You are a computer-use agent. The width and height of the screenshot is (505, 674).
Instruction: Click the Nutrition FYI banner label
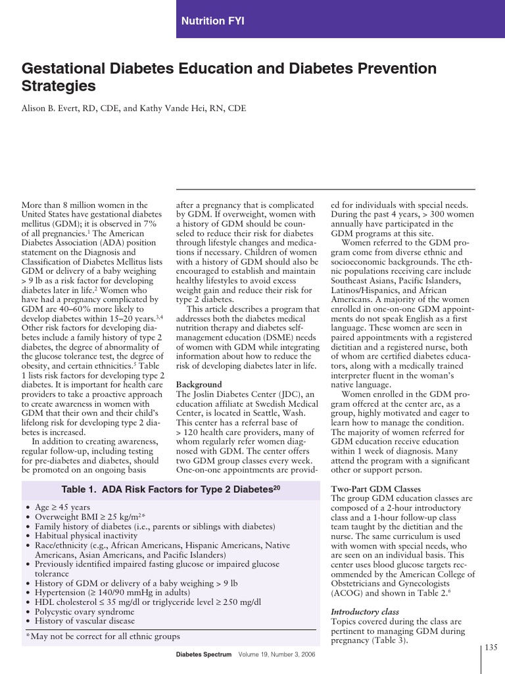pyautogui.click(x=212, y=21)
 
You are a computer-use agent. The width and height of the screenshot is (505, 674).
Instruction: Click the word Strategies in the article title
pyautogui.click(x=59, y=86)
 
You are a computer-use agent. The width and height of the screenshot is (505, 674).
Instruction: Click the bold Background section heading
pyautogui.click(x=199, y=384)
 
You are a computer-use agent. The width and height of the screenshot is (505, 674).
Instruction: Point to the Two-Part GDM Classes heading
pyautogui.click(x=375, y=489)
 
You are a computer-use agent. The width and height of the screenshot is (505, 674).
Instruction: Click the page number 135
pyautogui.click(x=491, y=648)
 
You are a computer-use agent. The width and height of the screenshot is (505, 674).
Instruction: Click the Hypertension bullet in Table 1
pyautogui.click(x=118, y=592)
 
